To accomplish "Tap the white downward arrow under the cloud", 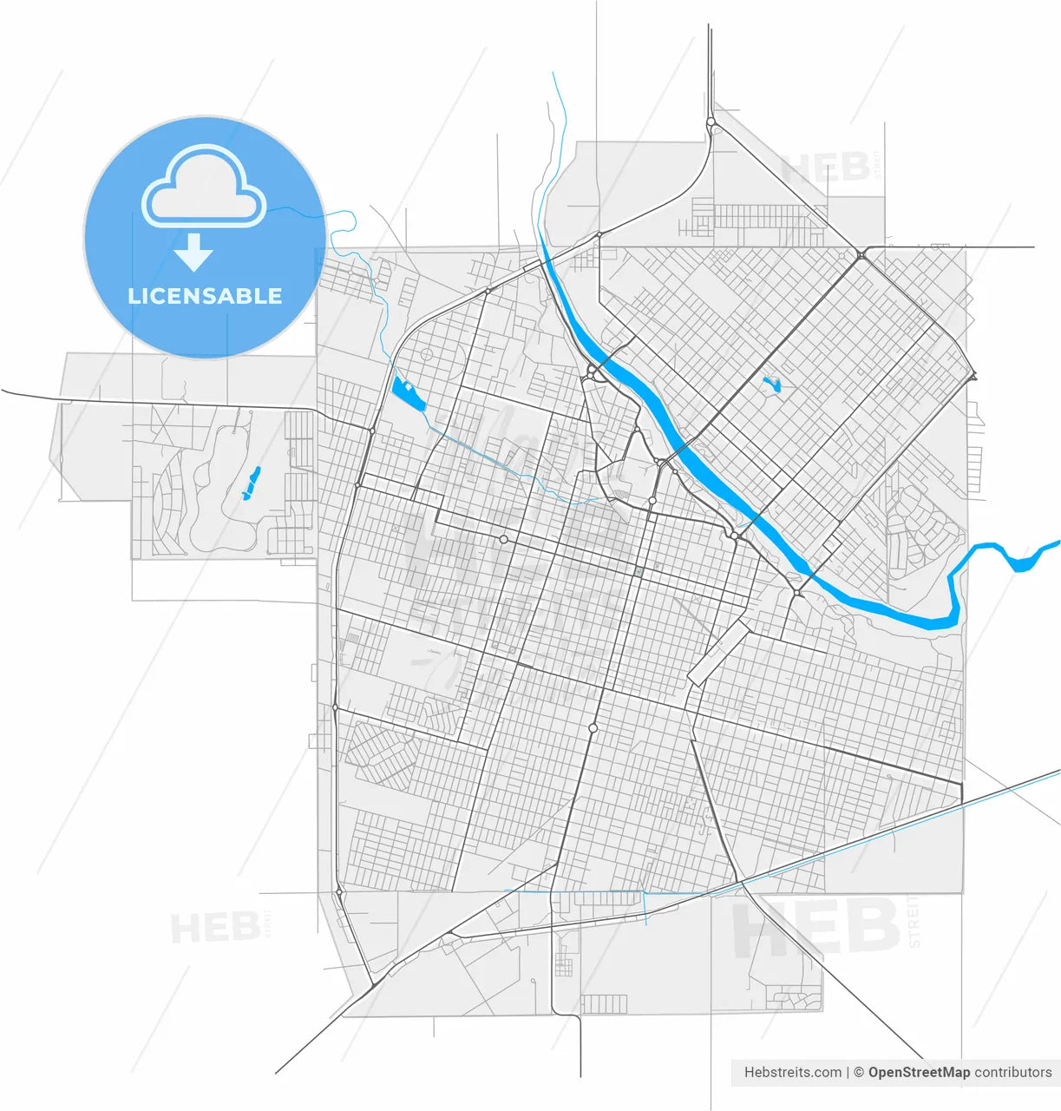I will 193,253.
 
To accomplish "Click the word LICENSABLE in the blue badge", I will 205,296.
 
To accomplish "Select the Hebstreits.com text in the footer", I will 792,1073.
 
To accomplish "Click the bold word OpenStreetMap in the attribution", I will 919,1073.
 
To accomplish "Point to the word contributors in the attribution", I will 1012,1073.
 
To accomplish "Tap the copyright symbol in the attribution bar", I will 858,1073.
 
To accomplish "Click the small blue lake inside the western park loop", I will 250,483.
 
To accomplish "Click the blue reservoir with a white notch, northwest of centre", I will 406,392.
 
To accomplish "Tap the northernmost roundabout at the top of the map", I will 711,123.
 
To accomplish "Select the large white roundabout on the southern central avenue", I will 593,727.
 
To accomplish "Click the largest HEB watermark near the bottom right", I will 815,927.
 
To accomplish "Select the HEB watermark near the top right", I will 825,168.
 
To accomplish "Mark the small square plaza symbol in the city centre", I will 639,571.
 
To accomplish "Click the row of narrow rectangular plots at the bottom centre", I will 603,1004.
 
